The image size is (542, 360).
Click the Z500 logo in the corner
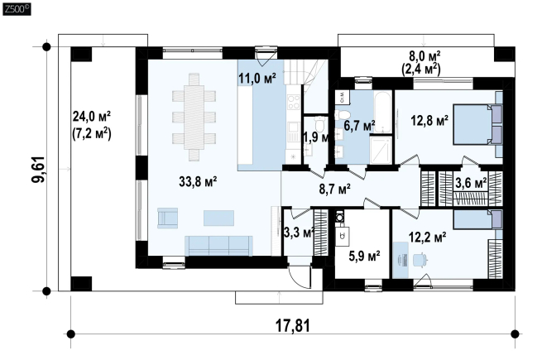tap(17, 8)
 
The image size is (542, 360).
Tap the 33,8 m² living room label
tap(198, 181)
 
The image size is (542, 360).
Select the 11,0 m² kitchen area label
tap(257, 79)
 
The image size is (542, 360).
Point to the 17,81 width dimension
tap(292, 325)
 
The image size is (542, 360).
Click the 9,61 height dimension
tap(38, 170)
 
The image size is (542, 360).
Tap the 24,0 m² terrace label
tap(91, 117)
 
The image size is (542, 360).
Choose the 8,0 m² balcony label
tap(421, 56)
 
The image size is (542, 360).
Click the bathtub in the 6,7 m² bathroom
tap(382, 112)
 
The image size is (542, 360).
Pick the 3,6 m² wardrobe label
tap(471, 183)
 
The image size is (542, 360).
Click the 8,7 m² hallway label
tap(334, 190)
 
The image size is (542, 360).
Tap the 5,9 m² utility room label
tap(364, 257)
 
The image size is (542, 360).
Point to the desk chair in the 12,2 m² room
tap(420, 260)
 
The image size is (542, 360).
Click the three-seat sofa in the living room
tap(218, 246)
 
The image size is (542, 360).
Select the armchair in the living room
tap(168, 218)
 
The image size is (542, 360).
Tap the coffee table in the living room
tap(218, 218)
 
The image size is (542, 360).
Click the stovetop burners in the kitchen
tap(294, 103)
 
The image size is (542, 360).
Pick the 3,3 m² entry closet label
tap(299, 233)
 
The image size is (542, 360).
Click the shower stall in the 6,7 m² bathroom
tap(381, 150)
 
